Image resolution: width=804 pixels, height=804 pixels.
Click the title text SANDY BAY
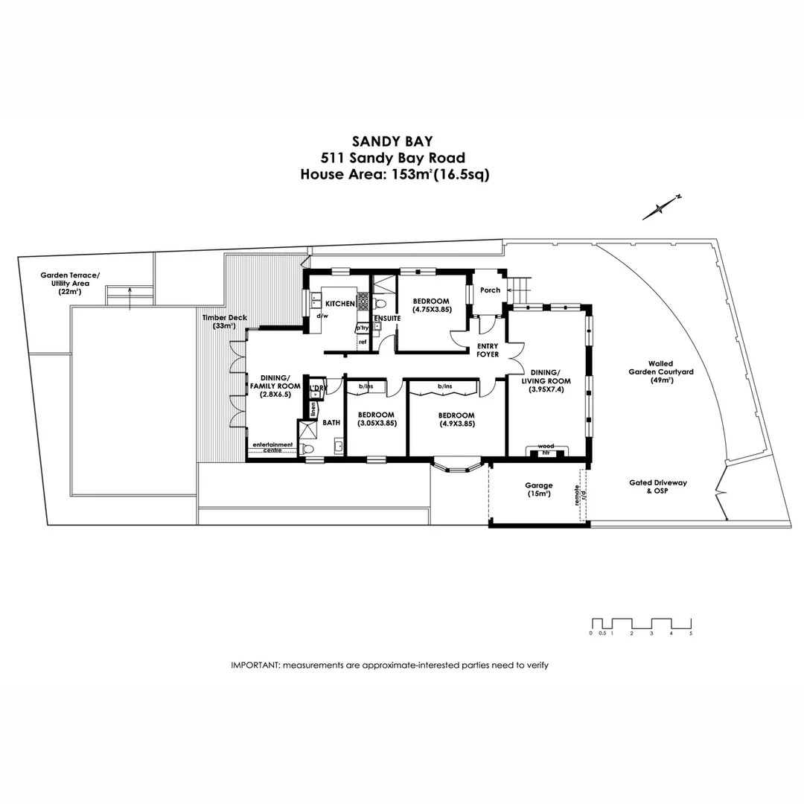[392, 141]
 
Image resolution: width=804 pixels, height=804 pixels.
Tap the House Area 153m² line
[394, 175]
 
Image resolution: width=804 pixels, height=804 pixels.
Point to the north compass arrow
[662, 208]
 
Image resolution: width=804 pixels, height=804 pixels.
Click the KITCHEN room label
[340, 304]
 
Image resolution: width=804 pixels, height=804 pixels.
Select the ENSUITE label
[387, 319]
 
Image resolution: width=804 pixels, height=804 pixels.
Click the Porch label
[491, 290]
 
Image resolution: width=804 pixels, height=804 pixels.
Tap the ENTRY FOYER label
[488, 350]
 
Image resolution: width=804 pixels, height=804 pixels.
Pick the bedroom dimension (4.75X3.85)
[432, 310]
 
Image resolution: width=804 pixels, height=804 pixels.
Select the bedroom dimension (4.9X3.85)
[456, 424]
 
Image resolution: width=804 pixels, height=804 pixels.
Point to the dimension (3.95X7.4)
[546, 389]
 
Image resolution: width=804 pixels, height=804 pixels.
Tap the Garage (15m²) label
[538, 490]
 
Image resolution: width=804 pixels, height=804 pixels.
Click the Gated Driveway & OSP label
[657, 487]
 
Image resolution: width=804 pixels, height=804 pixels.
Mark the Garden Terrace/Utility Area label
[70, 284]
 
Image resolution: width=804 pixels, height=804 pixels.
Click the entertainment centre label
[273, 447]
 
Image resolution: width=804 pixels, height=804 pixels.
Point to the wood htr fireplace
[546, 450]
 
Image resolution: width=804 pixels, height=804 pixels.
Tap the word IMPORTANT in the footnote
[254, 665]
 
